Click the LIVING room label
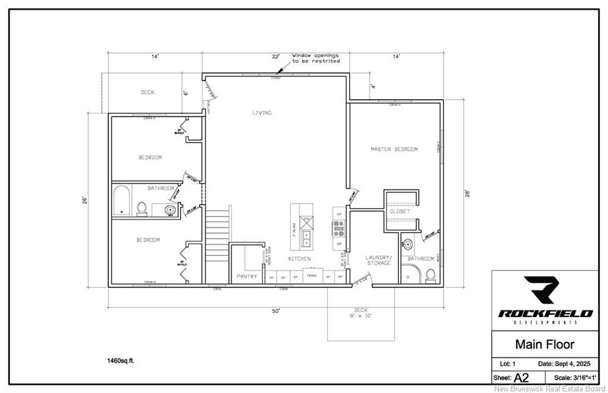261,113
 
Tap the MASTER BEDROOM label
394,149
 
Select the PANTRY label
246,277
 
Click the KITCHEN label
299,259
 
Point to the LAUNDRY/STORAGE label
378,260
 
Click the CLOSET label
400,211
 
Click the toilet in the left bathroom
142,208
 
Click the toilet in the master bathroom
430,275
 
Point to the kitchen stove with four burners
338,229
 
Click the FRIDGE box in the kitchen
311,276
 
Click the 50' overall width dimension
276,311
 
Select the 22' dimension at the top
276,56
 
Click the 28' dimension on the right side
467,193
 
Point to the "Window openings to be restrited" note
316,58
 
